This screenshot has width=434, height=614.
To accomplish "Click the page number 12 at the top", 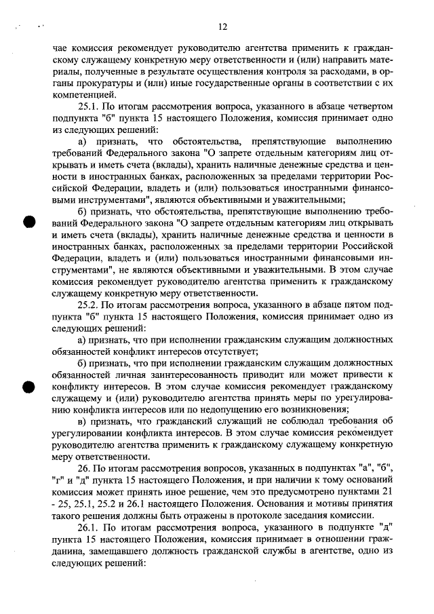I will [222, 27].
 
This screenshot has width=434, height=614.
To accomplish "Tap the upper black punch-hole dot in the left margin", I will [28, 223].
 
